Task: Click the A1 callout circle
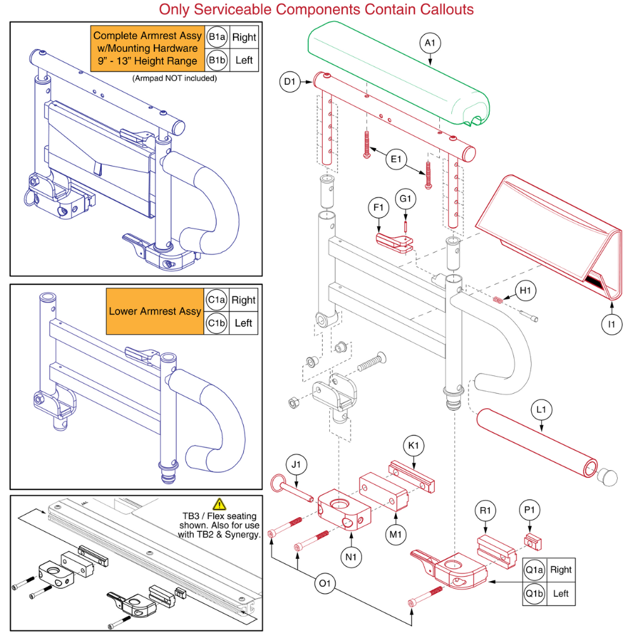[430, 43]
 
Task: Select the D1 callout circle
[289, 82]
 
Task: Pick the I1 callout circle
[611, 325]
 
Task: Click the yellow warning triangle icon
[220, 505]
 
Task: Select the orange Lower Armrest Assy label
[155, 311]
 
